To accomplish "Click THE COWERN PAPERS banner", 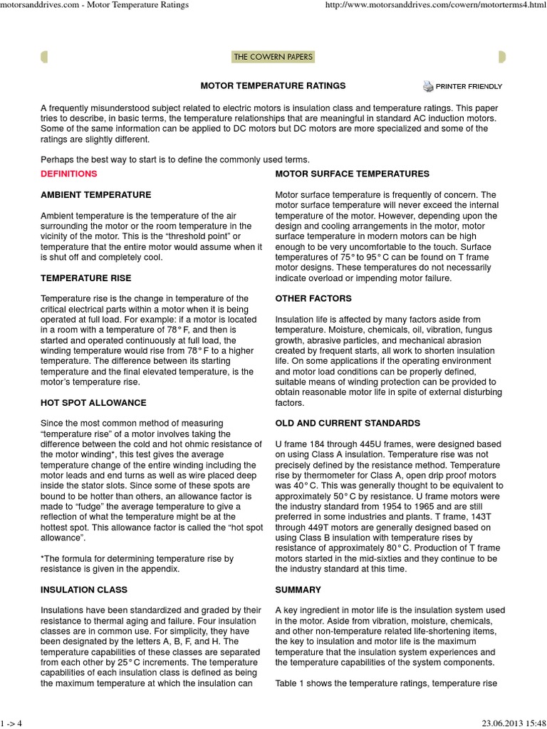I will point(273,56).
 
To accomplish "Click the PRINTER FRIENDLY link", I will point(469,87).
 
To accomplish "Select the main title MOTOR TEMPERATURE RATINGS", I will point(273,86).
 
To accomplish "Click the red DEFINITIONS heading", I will point(69,174).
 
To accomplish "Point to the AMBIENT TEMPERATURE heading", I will point(96,194).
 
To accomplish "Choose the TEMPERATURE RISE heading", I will point(86,278).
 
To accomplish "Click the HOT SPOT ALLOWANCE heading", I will point(94,402).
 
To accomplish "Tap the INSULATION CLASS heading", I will point(84,589).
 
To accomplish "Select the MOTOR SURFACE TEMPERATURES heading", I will point(352,174).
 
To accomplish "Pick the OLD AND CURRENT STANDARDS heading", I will point(348,423).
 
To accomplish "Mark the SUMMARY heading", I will point(298,589).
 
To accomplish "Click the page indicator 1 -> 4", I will point(12,724).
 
